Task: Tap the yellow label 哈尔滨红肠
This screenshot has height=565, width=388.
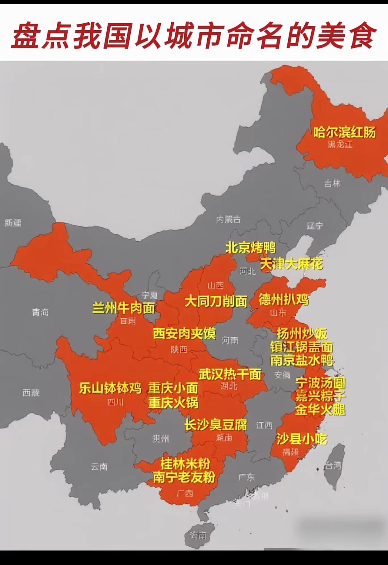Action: (344, 132)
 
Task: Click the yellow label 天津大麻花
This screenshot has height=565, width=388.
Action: (291, 264)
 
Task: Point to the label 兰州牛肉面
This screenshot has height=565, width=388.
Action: (124, 308)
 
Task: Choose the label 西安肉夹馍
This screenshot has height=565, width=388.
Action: (184, 333)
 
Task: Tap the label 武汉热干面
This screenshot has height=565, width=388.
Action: (230, 374)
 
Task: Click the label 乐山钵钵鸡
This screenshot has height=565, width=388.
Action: (110, 388)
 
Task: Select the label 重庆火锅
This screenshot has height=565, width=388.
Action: (173, 403)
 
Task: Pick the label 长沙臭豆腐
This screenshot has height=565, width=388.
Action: (216, 424)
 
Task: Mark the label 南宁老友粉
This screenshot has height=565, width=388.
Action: (184, 477)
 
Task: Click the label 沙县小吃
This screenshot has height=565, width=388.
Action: (302, 439)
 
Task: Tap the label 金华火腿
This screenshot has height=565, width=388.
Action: (320, 410)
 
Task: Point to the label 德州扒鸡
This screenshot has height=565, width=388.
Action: (283, 300)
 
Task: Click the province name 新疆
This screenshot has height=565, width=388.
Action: (13, 223)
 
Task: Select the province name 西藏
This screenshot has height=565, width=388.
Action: (31, 393)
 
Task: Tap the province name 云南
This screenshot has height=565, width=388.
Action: (99, 466)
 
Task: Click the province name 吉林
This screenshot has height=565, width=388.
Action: (332, 183)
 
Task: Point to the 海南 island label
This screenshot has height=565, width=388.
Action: (198, 536)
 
